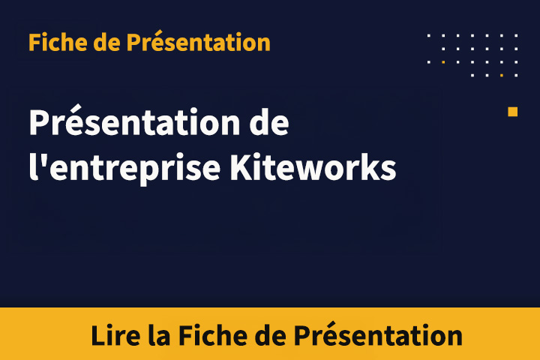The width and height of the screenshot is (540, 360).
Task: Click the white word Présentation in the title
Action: pyautogui.click(x=130, y=122)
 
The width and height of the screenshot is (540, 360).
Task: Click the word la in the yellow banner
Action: pyautogui.click(x=157, y=334)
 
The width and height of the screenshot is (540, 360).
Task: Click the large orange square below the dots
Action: pyautogui.click(x=513, y=112)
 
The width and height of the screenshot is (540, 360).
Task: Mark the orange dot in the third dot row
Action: pyautogui.click(x=443, y=61)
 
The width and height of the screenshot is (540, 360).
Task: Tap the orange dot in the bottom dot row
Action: pyautogui.click(x=501, y=75)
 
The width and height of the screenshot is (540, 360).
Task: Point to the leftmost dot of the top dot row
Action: pyautogui.click(x=429, y=35)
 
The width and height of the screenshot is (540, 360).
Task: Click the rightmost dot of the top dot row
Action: pyautogui.click(x=516, y=35)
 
